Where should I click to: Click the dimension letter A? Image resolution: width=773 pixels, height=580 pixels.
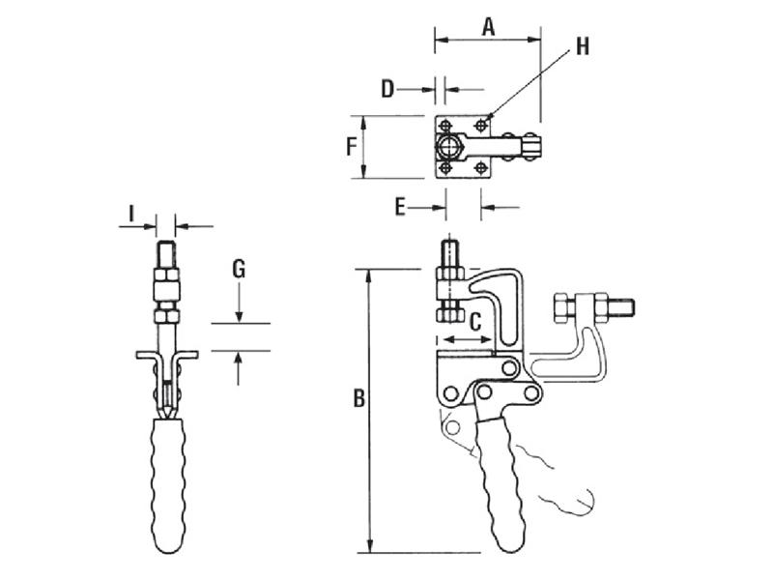(x=488, y=27)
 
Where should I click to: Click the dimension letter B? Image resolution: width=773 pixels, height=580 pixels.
(x=358, y=399)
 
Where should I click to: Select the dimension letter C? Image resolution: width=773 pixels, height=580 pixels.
(x=474, y=323)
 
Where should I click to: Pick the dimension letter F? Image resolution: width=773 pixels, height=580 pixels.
(x=354, y=147)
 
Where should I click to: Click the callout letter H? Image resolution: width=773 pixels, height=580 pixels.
(x=582, y=46)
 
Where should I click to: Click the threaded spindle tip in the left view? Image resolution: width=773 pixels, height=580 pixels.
(x=166, y=256)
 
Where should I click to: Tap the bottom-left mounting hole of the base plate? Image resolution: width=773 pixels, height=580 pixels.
(x=446, y=169)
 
